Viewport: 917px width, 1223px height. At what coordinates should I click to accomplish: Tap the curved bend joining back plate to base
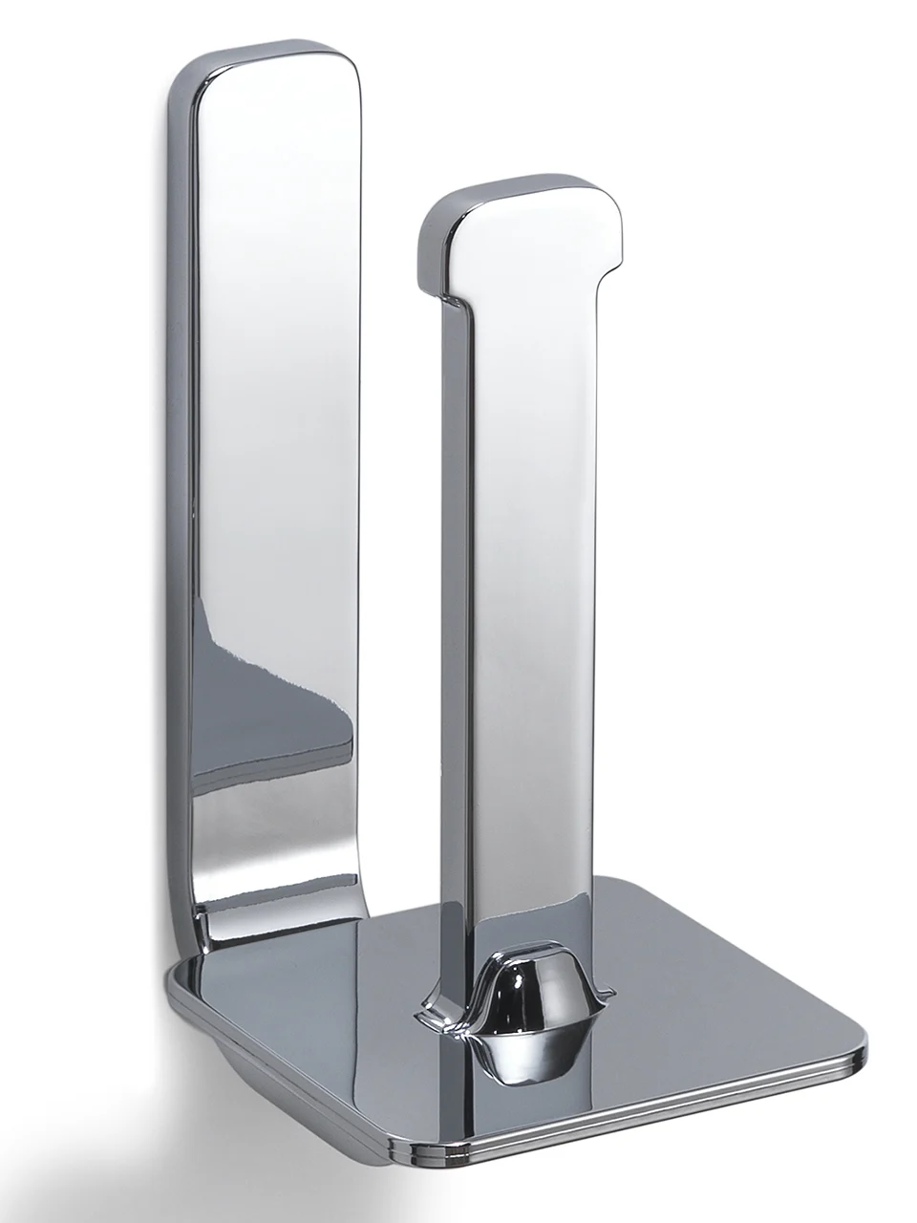(x=205, y=941)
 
